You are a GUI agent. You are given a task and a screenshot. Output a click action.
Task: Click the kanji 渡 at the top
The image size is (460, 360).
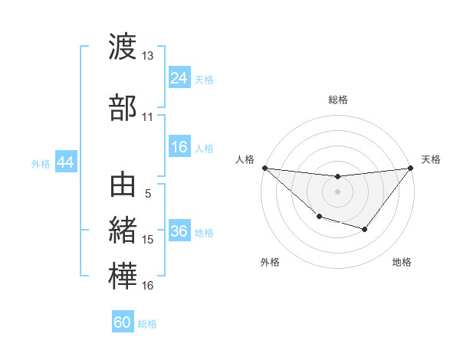click(123, 47)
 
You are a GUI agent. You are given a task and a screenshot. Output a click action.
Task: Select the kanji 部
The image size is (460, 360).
click(123, 107)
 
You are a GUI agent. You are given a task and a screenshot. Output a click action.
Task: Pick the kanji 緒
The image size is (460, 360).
click(123, 230)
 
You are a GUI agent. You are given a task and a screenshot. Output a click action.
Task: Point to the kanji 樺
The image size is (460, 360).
click(123, 276)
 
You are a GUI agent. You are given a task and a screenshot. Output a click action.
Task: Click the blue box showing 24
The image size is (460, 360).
click(179, 78)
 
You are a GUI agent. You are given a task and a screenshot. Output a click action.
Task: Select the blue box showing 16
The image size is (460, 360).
click(179, 148)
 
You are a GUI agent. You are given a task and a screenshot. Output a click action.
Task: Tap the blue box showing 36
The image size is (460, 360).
click(179, 232)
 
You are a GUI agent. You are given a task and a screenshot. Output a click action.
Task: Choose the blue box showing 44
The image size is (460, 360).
click(65, 162)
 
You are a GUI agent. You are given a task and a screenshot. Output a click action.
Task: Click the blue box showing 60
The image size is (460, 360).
click(123, 322)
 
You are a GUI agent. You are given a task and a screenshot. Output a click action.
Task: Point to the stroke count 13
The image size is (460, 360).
click(147, 56)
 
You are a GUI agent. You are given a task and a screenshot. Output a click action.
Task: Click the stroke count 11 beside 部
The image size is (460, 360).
click(147, 117)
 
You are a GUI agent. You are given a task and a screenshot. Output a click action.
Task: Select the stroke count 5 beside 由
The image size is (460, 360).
click(148, 194)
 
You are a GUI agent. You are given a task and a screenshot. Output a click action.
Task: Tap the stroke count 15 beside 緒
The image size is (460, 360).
click(147, 240)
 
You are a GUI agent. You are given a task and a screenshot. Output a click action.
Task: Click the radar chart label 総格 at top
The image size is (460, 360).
click(337, 100)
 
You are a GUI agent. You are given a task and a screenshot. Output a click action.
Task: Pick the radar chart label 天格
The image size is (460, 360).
click(431, 159)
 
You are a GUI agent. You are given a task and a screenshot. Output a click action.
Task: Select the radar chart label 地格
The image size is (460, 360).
click(402, 262)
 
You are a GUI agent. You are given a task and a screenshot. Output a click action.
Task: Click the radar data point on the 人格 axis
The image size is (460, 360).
click(264, 168)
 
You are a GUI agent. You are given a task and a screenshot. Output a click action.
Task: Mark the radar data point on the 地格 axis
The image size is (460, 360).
click(365, 229)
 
